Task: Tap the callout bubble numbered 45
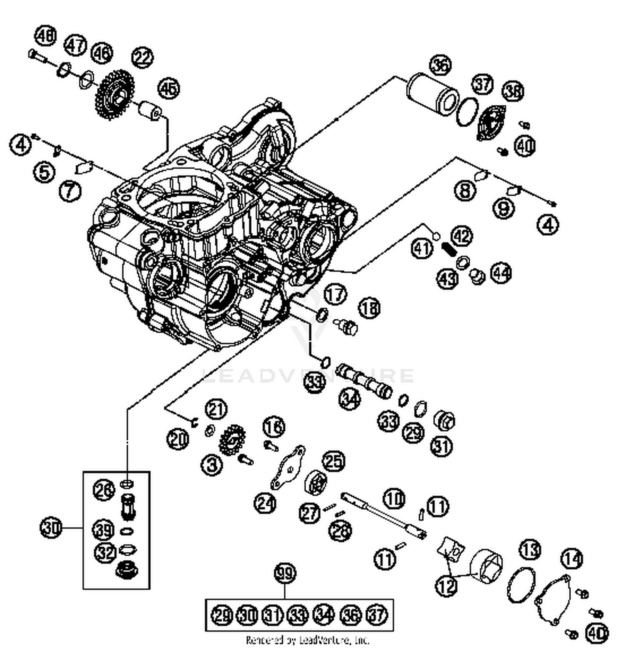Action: (x=169, y=88)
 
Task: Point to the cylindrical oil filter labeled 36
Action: (x=432, y=95)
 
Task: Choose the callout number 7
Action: (x=70, y=191)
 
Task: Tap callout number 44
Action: (x=501, y=273)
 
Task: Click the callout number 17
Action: (x=336, y=295)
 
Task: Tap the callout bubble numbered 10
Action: (x=394, y=498)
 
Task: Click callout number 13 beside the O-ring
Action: (x=530, y=550)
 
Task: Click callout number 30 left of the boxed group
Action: (x=51, y=527)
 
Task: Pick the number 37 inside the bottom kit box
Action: (x=377, y=615)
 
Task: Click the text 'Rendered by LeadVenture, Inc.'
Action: (x=307, y=640)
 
